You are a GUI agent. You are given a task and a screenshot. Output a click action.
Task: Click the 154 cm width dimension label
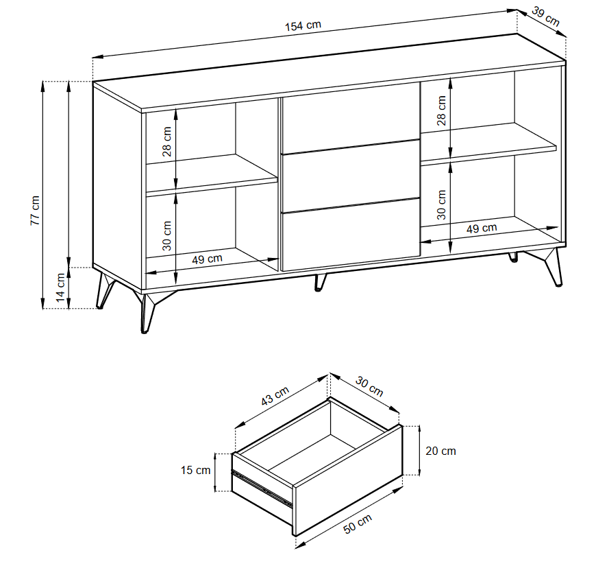click(x=303, y=25)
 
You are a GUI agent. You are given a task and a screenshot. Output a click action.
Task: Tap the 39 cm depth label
click(x=545, y=19)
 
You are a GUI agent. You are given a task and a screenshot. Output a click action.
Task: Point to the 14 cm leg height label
click(x=61, y=288)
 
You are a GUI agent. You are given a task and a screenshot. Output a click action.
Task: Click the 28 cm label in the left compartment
click(x=166, y=142)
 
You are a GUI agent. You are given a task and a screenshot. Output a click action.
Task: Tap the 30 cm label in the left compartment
click(x=166, y=236)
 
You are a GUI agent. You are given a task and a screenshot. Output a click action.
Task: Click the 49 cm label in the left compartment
click(x=206, y=259)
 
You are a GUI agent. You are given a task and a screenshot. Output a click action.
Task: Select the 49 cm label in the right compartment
click(x=482, y=228)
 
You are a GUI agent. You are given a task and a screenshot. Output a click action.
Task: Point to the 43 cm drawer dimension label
click(x=275, y=397)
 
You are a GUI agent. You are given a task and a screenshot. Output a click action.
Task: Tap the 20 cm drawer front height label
click(x=440, y=451)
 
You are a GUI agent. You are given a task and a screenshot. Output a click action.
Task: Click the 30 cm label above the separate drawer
click(x=369, y=386)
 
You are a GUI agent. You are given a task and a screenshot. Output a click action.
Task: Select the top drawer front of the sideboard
click(x=349, y=117)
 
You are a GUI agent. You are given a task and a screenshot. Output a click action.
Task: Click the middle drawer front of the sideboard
click(x=349, y=175)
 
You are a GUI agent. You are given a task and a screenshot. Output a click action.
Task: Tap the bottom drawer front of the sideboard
click(x=349, y=233)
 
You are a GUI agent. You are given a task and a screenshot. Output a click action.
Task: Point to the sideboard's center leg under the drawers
click(x=320, y=282)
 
